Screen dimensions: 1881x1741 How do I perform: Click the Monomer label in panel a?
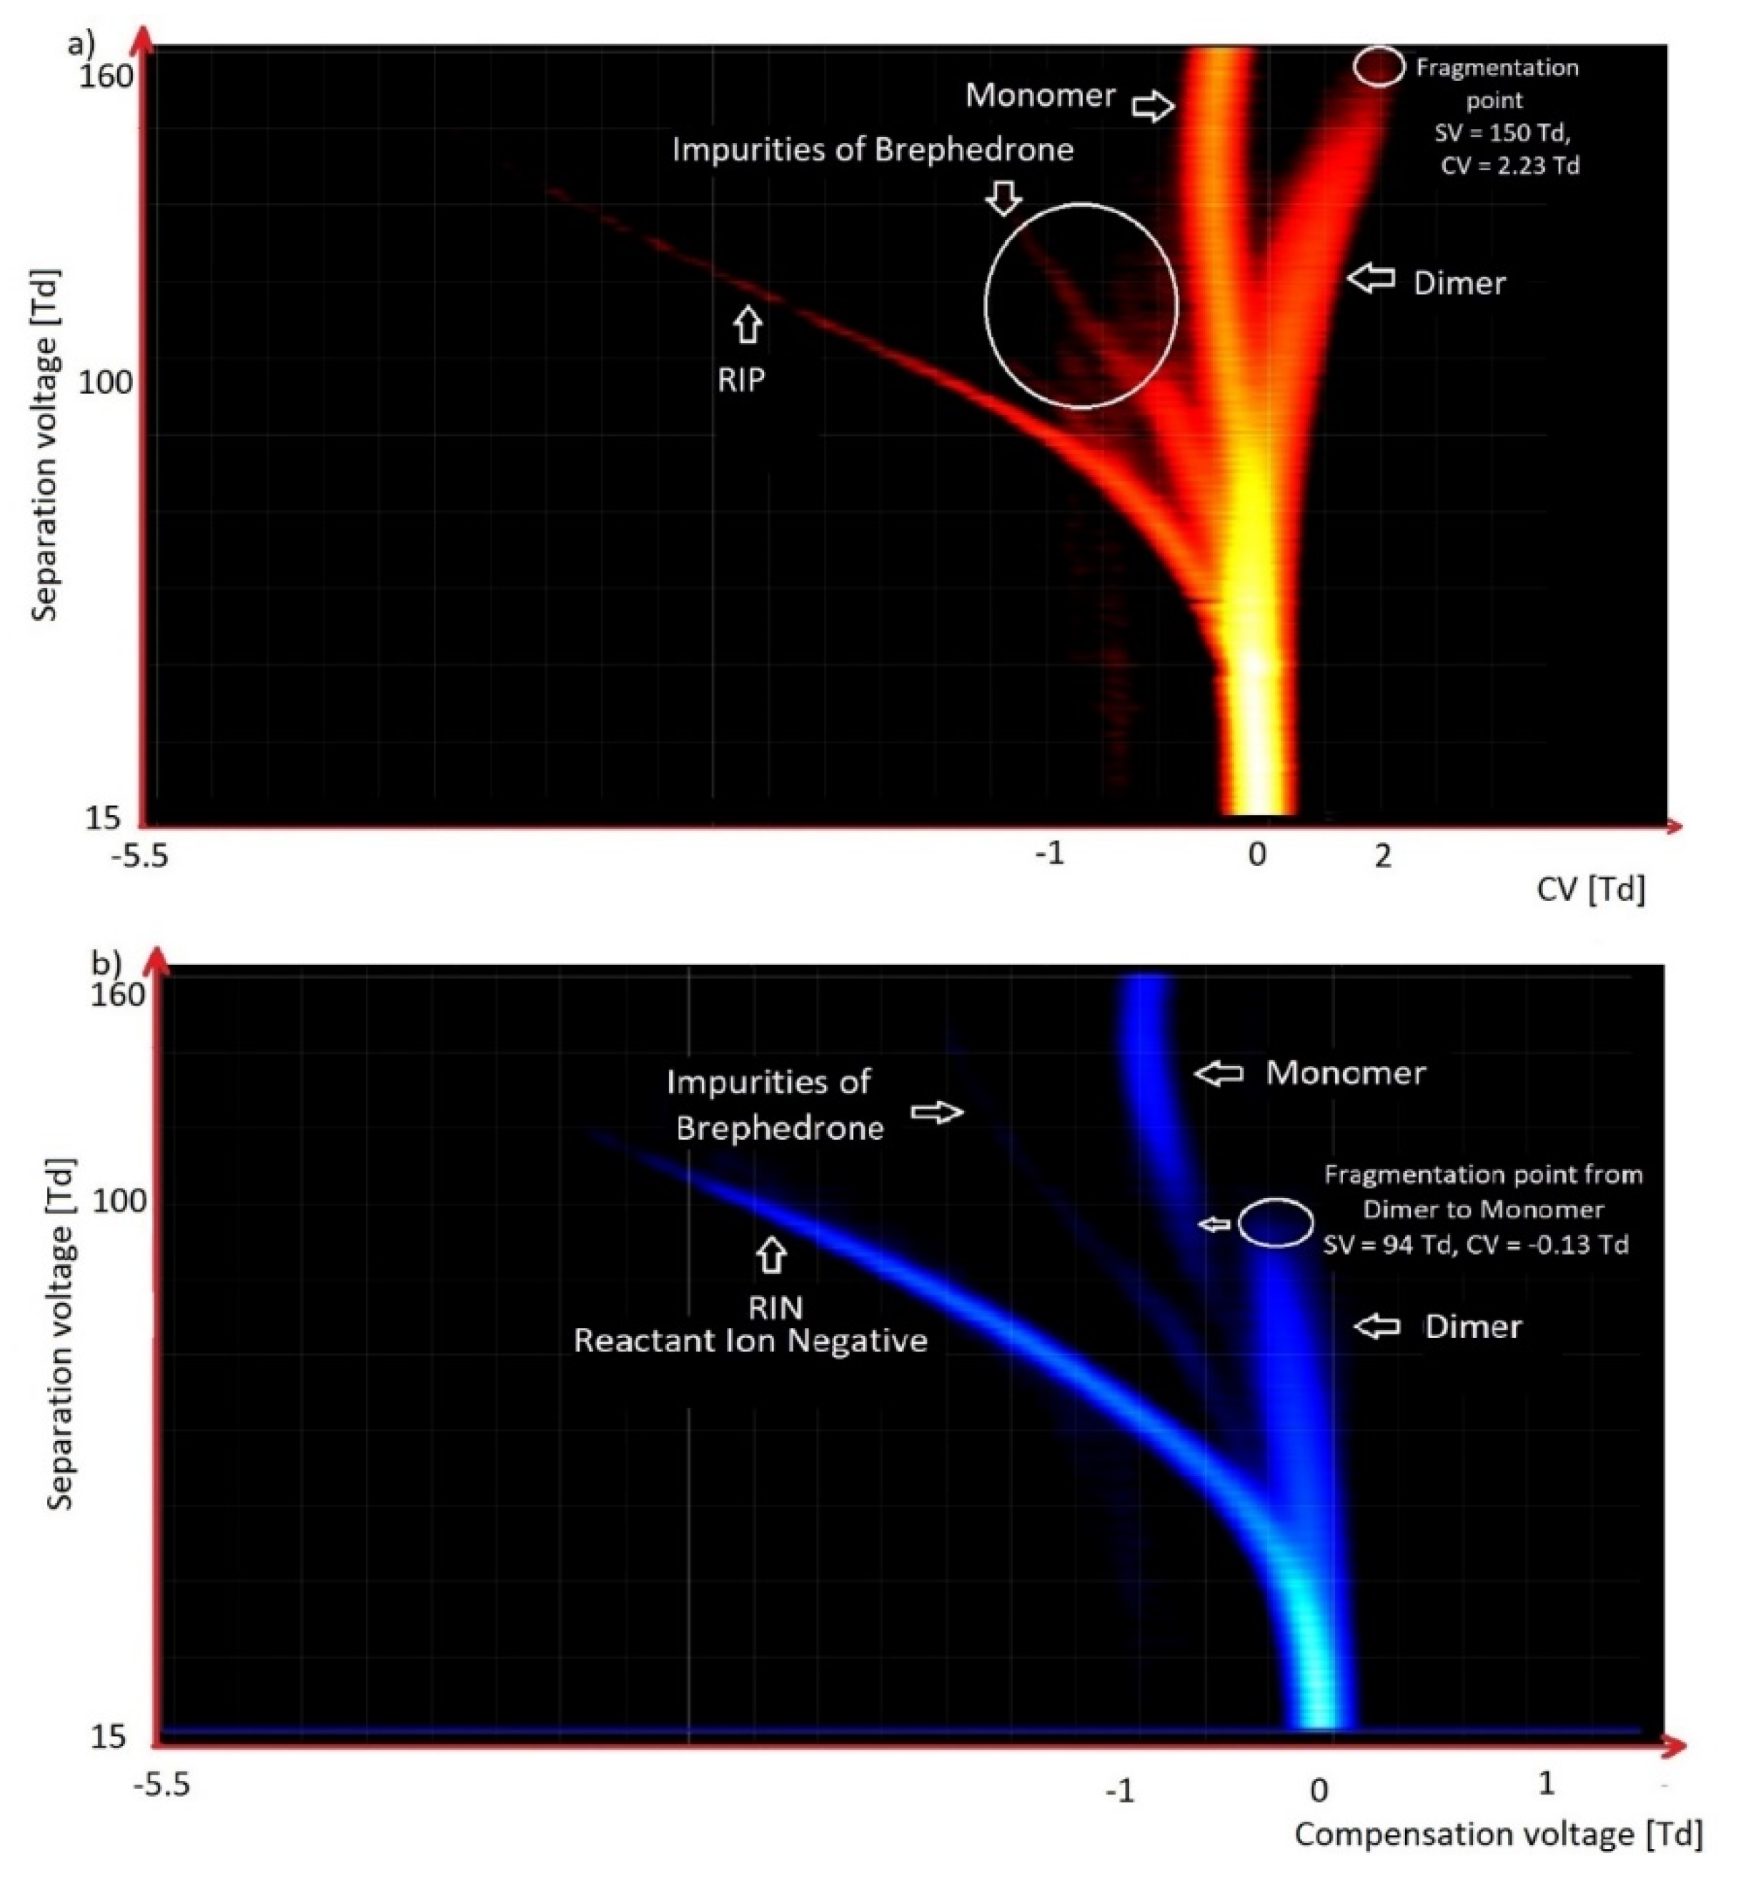(1040, 95)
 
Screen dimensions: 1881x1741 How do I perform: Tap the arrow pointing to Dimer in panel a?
(1371, 278)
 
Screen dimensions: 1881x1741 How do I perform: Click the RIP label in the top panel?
(741, 379)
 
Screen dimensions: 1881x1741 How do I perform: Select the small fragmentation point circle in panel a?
(1378, 67)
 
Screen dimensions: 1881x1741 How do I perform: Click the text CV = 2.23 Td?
(1509, 166)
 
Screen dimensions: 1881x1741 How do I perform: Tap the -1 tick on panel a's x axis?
(1049, 852)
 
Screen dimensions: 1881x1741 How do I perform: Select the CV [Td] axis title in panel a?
(1590, 889)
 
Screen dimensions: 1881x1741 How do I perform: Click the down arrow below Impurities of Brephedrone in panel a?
(1005, 197)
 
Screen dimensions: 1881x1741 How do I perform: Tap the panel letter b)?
(106, 962)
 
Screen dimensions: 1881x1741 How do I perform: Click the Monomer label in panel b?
(1345, 1073)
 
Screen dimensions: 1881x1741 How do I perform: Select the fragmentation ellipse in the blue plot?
(1276, 1222)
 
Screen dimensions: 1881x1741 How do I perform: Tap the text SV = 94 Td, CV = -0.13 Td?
(1475, 1245)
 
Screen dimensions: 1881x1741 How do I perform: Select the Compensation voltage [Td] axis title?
(1498, 1834)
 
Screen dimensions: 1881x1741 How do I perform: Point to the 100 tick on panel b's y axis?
(119, 1202)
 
